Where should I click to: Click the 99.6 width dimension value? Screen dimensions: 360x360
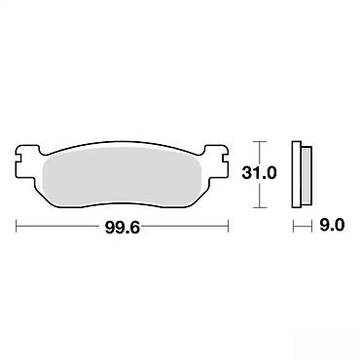click(x=123, y=228)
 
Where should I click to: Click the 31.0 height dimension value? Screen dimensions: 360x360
click(x=259, y=173)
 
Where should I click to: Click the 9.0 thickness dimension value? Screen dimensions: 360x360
click(x=332, y=225)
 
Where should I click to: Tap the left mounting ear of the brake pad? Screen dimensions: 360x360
click(x=28, y=162)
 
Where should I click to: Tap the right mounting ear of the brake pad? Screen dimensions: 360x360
click(x=217, y=162)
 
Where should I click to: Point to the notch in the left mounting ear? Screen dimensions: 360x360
click(x=18, y=160)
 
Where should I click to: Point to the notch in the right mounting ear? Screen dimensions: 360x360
click(x=226, y=160)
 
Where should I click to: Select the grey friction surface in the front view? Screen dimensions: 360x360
click(x=123, y=177)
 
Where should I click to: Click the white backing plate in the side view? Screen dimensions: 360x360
click(x=297, y=174)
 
